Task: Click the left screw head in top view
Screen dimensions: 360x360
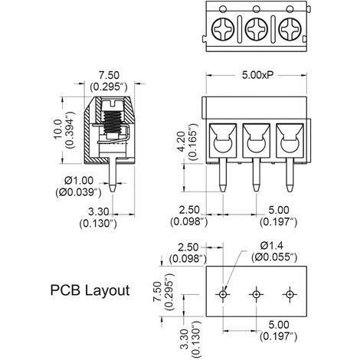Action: click(x=222, y=31)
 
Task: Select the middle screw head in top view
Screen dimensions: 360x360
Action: click(x=256, y=31)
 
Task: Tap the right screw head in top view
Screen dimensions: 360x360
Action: click(x=290, y=31)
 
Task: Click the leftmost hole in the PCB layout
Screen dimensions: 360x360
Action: click(x=223, y=294)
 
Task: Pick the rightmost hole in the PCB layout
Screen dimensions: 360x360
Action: click(x=290, y=294)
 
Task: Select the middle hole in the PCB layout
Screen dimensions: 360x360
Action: click(x=256, y=294)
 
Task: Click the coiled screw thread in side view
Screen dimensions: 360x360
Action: click(x=113, y=123)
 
